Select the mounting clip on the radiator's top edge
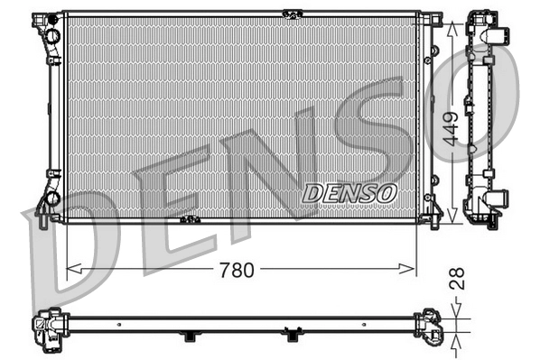(x=291, y=13)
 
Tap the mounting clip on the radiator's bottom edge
(x=190, y=219)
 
